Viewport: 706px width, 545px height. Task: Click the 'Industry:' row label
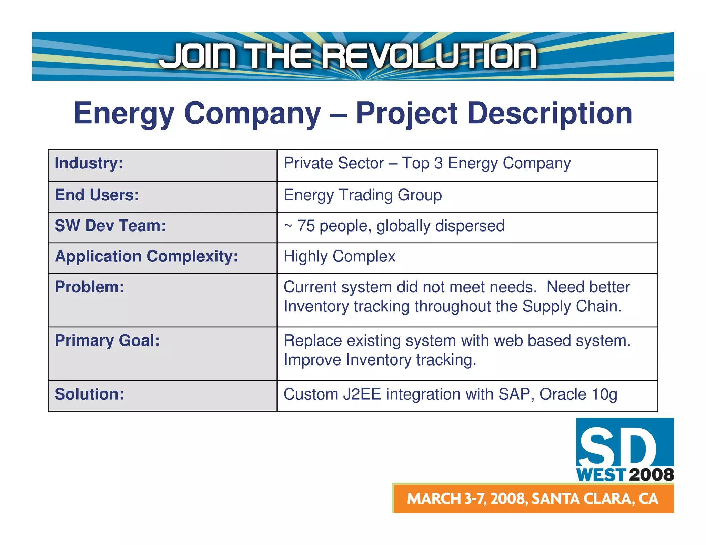tap(89, 163)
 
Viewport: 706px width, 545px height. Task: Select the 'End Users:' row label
tap(97, 195)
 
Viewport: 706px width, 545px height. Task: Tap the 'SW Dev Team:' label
tap(110, 226)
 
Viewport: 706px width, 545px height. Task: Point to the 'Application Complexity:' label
tap(146, 256)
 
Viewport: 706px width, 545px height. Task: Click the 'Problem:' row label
tap(89, 287)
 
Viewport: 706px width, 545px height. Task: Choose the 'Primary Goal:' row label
tap(107, 340)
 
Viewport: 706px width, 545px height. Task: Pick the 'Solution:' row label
tap(89, 394)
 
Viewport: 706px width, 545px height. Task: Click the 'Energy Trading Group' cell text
tap(363, 195)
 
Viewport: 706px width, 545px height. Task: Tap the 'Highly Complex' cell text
tap(339, 257)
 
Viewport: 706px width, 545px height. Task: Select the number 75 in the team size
tap(306, 226)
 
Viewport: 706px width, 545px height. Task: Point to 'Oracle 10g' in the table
tap(578, 394)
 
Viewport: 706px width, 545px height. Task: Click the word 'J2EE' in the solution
tap(362, 394)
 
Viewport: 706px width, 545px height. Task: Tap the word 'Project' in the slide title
tap(406, 113)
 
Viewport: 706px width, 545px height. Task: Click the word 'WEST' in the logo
tap(601, 475)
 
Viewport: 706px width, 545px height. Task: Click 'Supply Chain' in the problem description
tap(572, 306)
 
